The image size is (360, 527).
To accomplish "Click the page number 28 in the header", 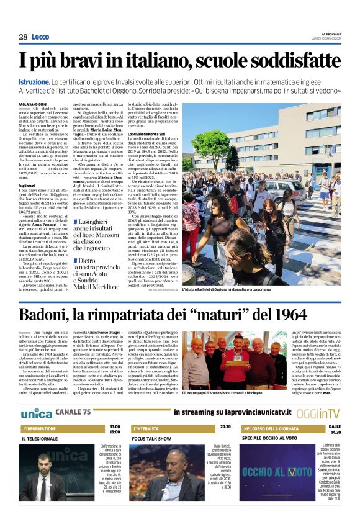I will coord(23,37).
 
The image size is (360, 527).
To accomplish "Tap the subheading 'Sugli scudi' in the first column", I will coord(27,185).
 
